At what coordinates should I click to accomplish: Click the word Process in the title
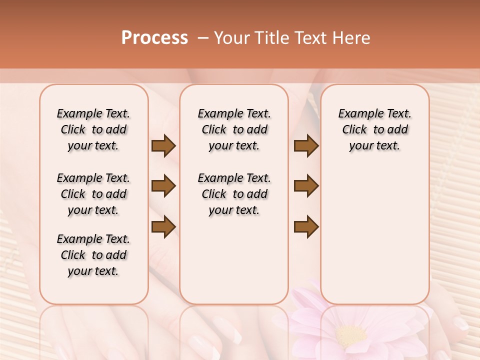(154, 38)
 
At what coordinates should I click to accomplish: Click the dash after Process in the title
(203, 38)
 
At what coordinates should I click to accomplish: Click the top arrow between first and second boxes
(163, 146)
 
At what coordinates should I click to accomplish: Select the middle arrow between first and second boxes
(163, 186)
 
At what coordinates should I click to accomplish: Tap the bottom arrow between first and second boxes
(163, 226)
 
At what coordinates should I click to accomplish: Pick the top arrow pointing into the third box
(306, 146)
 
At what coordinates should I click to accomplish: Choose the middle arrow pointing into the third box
(306, 186)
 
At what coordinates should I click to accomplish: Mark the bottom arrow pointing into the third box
(306, 226)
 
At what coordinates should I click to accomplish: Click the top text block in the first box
(93, 129)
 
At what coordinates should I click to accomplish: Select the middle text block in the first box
(93, 194)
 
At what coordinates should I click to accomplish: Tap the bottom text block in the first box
(93, 255)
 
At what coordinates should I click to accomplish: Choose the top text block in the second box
(234, 129)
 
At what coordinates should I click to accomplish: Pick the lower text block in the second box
(234, 194)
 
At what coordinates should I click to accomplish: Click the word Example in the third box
(356, 114)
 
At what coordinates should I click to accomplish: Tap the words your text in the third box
(374, 146)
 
